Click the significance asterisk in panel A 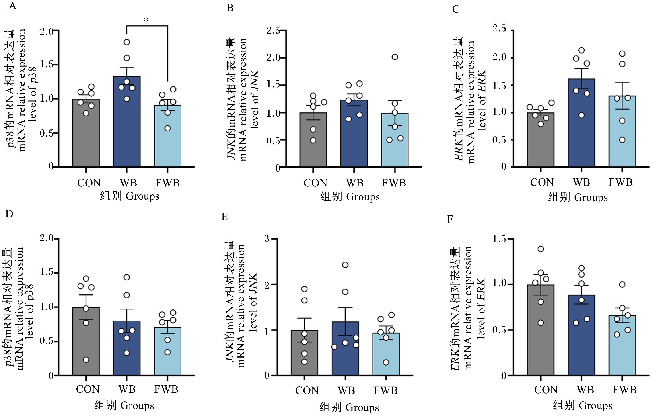click(x=146, y=20)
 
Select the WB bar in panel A click(x=127, y=121)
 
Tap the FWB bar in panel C click(x=622, y=131)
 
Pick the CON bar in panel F click(x=541, y=330)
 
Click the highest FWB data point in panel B click(x=395, y=57)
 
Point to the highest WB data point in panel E click(x=345, y=265)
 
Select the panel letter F click(x=450, y=219)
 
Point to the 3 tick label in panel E click(x=267, y=238)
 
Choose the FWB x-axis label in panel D click(x=166, y=389)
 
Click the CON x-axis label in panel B click(x=315, y=183)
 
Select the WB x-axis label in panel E click(x=346, y=390)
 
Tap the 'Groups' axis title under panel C click(x=591, y=198)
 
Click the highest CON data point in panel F click(x=541, y=249)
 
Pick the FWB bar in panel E click(x=386, y=354)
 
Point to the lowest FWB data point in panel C click(x=622, y=140)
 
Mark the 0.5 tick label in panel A click(x=46, y=133)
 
